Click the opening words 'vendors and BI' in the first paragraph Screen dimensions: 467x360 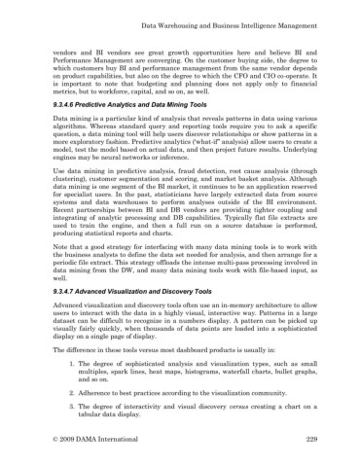coord(78,46)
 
